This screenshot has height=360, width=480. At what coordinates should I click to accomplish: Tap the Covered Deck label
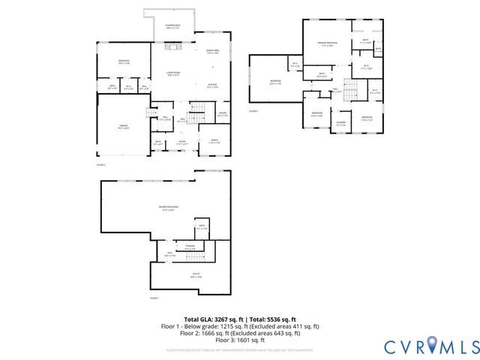coord(173,27)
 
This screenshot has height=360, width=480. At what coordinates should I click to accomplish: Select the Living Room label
coord(173,73)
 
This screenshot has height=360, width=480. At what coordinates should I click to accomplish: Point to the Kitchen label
coord(212,86)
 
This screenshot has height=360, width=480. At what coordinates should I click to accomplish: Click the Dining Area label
coord(212,51)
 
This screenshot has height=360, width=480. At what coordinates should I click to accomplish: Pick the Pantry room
coord(222,114)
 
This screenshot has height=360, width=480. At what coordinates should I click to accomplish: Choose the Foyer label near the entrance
coord(181,142)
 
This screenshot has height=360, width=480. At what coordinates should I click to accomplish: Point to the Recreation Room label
coord(167,208)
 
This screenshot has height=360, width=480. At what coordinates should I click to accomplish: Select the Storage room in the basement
coord(190,247)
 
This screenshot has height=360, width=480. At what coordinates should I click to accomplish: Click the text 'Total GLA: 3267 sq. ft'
coord(212,319)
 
